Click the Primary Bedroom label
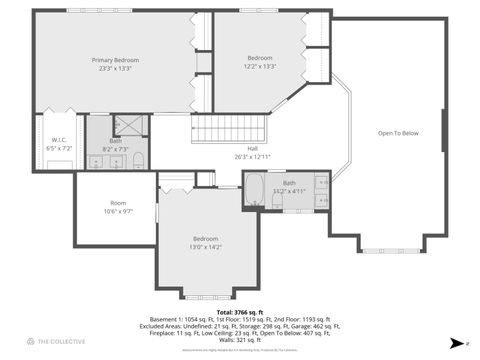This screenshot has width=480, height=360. [115, 60]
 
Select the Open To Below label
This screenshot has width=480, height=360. [398, 132]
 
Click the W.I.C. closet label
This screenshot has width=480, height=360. [59, 140]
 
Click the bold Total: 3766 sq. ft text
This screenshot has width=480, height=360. [239, 312]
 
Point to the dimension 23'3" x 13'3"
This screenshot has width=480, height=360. [115, 69]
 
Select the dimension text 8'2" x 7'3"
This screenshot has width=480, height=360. [117, 148]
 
